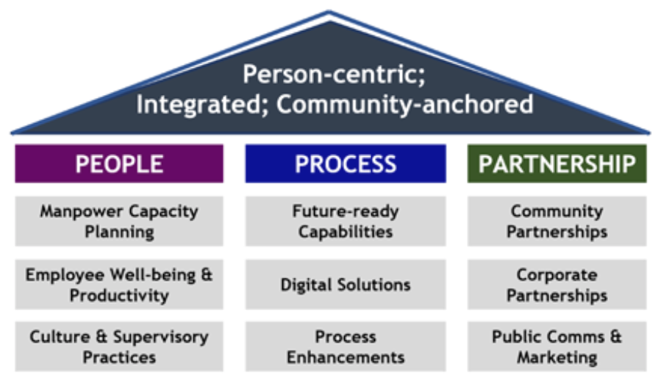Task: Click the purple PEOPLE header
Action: (119, 164)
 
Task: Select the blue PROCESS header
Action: (346, 164)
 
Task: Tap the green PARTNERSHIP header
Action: (557, 164)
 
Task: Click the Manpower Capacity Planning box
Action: (119, 221)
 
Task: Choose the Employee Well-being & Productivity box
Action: (119, 284)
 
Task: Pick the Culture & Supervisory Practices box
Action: (119, 346)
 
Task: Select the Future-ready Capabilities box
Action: (346, 221)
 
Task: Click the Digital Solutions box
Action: (346, 284)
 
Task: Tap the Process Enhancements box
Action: (346, 346)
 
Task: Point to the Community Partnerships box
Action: (557, 221)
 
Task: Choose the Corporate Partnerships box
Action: (557, 284)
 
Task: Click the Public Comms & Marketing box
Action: (557, 346)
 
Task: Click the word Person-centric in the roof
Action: (332, 74)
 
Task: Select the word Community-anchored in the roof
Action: (405, 105)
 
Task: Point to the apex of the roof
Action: (329, 11)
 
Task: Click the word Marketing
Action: (557, 357)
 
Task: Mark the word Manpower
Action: (82, 211)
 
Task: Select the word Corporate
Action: (557, 275)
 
